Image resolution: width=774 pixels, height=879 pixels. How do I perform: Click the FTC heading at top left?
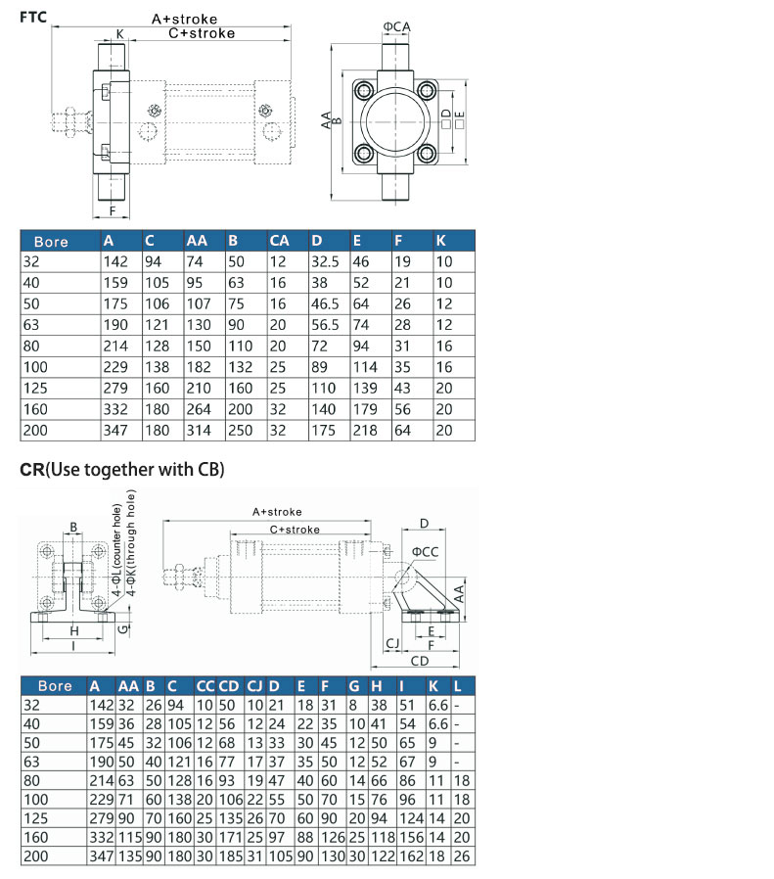click(33, 18)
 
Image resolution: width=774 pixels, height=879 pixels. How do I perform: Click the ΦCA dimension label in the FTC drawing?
click(397, 26)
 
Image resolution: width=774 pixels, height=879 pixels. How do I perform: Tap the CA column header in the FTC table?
click(279, 241)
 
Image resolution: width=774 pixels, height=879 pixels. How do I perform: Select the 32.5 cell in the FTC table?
click(325, 261)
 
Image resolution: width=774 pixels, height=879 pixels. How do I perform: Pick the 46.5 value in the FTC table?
click(325, 303)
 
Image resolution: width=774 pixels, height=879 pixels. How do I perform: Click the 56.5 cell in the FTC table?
click(325, 325)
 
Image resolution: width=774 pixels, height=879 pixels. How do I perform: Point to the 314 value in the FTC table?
click(199, 431)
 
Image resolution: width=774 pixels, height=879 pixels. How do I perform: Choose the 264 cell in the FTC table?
click(199, 409)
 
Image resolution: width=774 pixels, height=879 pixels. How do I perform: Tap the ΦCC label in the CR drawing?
click(425, 552)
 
